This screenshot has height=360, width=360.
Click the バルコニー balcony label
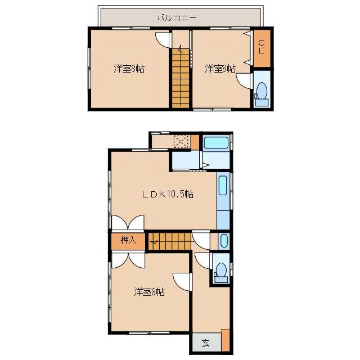pyautogui.click(x=177, y=17)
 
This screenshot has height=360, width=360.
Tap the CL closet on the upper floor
pyautogui.click(x=262, y=48)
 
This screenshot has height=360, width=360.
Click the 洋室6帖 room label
pyautogui.click(x=220, y=69)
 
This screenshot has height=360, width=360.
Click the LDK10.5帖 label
pyautogui.click(x=168, y=194)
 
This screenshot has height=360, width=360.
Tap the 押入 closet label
pyautogui.click(x=129, y=240)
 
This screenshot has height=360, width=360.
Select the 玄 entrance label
pyautogui.click(x=206, y=343)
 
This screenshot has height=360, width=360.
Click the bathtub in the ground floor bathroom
pyautogui.click(x=216, y=142)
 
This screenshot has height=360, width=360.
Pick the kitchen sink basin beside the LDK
pyautogui.click(x=223, y=185)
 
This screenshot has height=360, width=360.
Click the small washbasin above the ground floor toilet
pyautogui.click(x=224, y=241)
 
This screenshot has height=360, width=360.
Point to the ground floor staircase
pyautogui.click(x=170, y=241)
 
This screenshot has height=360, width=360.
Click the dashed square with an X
pyautogui.click(x=181, y=142)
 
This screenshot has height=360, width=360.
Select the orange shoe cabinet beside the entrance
pyautogui.click(x=226, y=340)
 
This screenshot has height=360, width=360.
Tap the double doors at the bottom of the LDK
pyautogui.click(x=128, y=223)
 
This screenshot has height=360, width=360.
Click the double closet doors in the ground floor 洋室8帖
pyautogui.click(x=128, y=260)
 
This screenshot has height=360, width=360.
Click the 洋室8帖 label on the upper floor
pyautogui.click(x=129, y=69)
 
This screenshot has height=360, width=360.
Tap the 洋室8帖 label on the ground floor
pyautogui.click(x=150, y=292)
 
